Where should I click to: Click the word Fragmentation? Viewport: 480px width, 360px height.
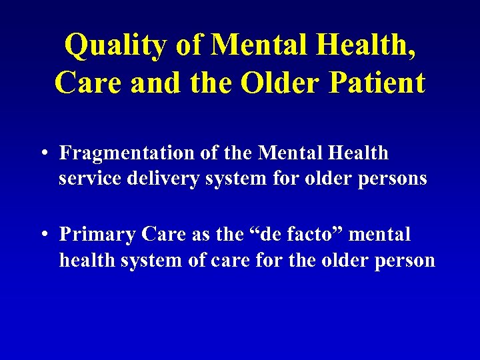[127, 153]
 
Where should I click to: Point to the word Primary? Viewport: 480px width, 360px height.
[93, 235]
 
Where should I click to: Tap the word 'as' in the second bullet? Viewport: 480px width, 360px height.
[205, 235]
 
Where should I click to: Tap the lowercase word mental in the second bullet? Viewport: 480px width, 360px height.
[380, 235]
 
